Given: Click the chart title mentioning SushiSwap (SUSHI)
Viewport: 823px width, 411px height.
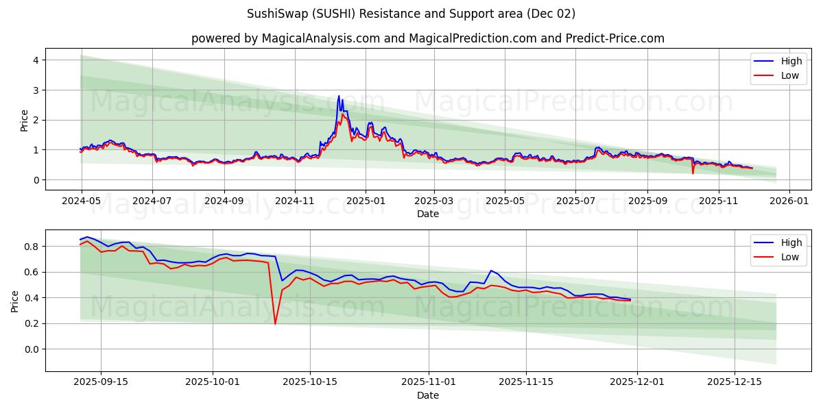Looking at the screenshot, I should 411,14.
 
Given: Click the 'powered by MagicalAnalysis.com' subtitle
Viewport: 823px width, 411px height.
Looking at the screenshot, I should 427,38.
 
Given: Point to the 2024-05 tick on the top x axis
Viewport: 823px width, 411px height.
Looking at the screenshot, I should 82,201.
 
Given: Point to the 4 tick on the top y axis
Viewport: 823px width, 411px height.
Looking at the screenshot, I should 34,60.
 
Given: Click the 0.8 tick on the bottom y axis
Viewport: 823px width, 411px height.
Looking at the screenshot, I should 30,247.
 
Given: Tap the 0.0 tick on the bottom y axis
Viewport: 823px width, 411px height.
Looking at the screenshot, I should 30,349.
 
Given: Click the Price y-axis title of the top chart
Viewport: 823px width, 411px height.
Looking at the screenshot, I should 25,120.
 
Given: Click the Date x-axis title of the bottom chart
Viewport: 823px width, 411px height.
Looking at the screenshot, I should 427,395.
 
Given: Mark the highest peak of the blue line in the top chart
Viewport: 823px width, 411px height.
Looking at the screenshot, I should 339,96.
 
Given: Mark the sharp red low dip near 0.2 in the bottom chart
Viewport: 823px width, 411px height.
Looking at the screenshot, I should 275,323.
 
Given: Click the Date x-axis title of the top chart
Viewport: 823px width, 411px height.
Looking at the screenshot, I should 427,214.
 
